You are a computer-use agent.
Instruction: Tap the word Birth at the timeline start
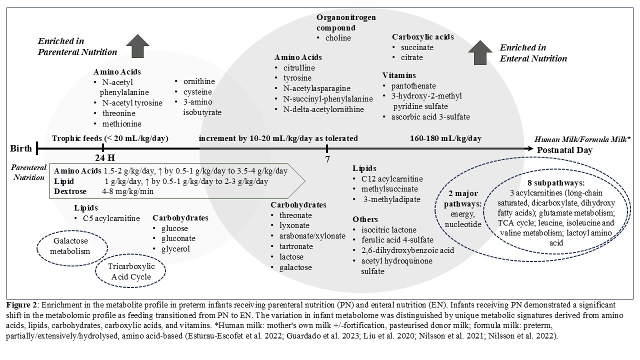click(21, 148)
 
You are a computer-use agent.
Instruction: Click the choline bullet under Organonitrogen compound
click(338, 38)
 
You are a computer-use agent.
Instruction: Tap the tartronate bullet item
click(296, 246)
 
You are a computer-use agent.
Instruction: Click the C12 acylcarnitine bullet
click(394, 179)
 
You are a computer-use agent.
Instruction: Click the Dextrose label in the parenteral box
click(70, 191)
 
